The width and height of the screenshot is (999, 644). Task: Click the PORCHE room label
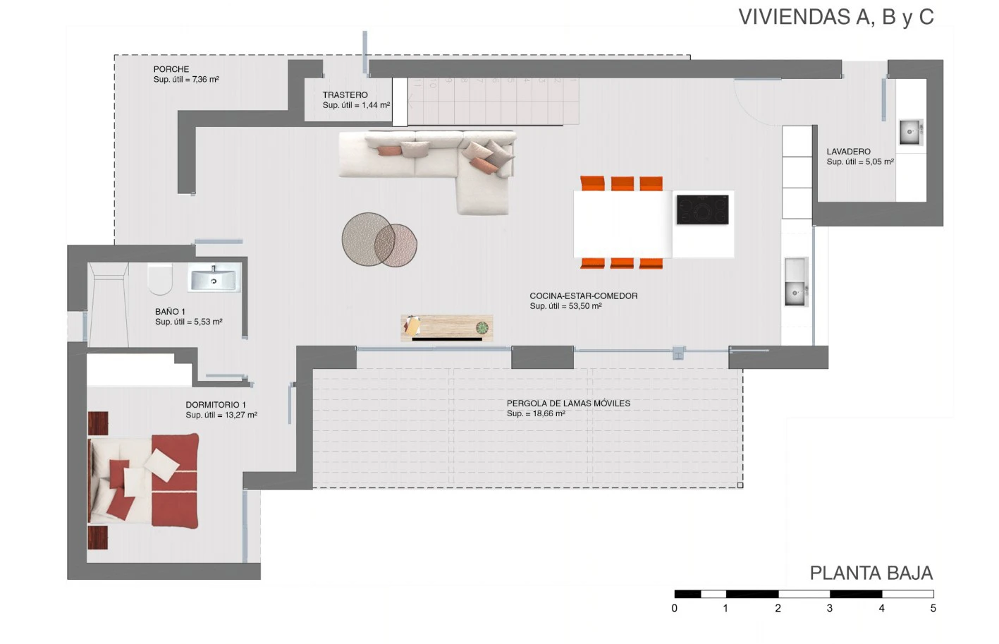click(171, 69)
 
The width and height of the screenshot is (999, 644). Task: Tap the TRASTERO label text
click(345, 95)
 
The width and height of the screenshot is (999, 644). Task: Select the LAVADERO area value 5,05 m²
click(879, 162)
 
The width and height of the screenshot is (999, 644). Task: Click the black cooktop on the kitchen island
click(702, 209)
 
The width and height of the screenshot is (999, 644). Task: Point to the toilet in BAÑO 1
click(159, 279)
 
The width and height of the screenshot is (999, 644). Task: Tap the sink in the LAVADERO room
click(910, 132)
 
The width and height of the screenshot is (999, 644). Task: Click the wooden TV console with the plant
click(447, 328)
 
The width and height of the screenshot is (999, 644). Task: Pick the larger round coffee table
click(368, 240)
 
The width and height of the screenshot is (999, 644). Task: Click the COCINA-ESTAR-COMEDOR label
click(583, 296)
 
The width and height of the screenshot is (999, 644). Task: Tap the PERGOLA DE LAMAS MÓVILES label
click(568, 403)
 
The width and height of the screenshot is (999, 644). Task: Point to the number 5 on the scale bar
click(933, 608)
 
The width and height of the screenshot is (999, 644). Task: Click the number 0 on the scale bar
click(674, 608)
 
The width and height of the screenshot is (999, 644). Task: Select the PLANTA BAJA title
click(871, 573)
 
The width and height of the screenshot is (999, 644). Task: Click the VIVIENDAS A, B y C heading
click(836, 17)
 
